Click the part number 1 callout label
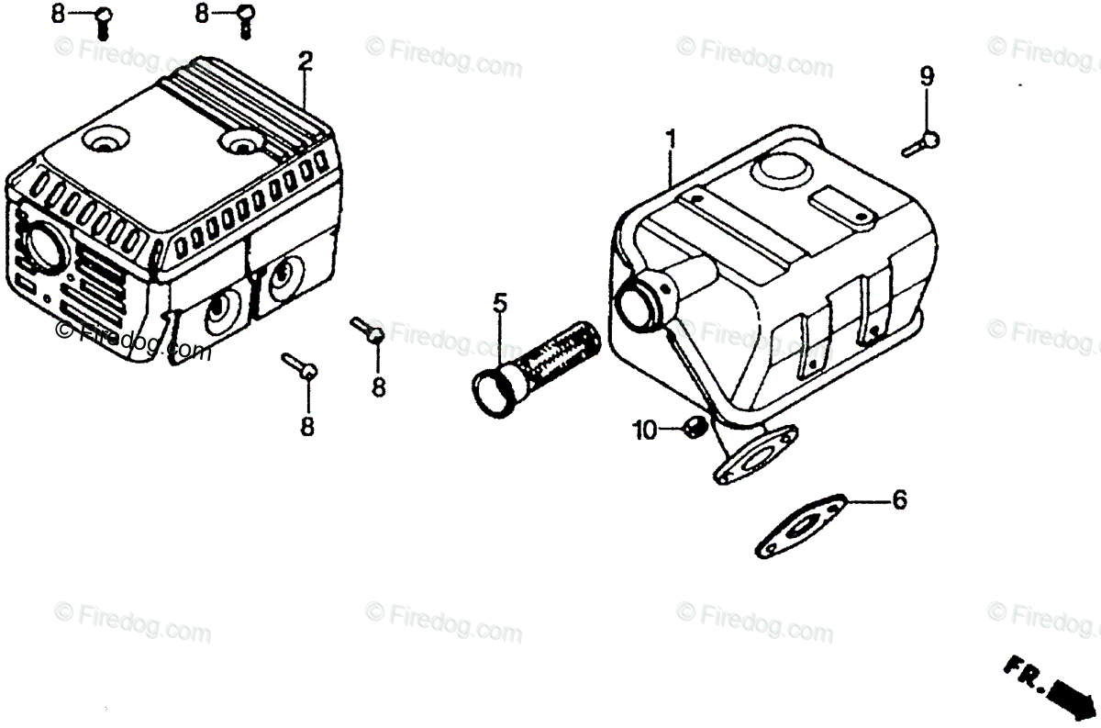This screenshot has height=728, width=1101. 671,140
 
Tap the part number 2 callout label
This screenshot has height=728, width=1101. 305,62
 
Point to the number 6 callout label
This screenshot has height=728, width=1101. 899,500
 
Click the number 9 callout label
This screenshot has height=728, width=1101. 927,77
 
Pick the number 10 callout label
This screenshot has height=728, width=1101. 645,429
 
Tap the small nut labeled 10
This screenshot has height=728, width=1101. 694,426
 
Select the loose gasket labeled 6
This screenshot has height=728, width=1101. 799,527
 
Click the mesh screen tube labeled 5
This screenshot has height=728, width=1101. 550,353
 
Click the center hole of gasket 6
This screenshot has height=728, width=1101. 798,527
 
